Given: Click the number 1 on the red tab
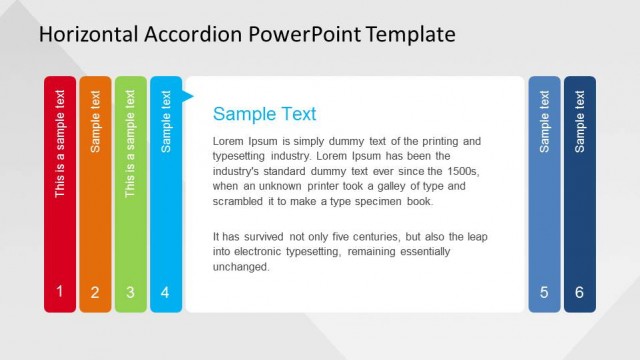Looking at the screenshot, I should pos(59,292).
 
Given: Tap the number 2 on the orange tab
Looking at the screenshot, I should pos(95,293).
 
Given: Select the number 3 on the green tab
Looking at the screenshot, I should pos(130,293).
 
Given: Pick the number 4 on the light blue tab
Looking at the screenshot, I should pos(166,293).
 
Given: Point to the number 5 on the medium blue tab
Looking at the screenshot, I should pos(544,293).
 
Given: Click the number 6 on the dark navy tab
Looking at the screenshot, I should pos(580,293).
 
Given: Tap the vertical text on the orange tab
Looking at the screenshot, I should pos(95,121).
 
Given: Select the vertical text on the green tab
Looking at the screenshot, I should pos(130,143).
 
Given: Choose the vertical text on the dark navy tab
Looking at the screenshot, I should pos(580,121).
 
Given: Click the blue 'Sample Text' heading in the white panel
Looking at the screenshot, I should pos(264,114).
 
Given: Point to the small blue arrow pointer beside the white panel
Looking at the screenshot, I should pos(187,97).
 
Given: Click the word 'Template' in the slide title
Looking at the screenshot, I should pos(410,35).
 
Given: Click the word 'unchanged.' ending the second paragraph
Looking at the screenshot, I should pos(241,267).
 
